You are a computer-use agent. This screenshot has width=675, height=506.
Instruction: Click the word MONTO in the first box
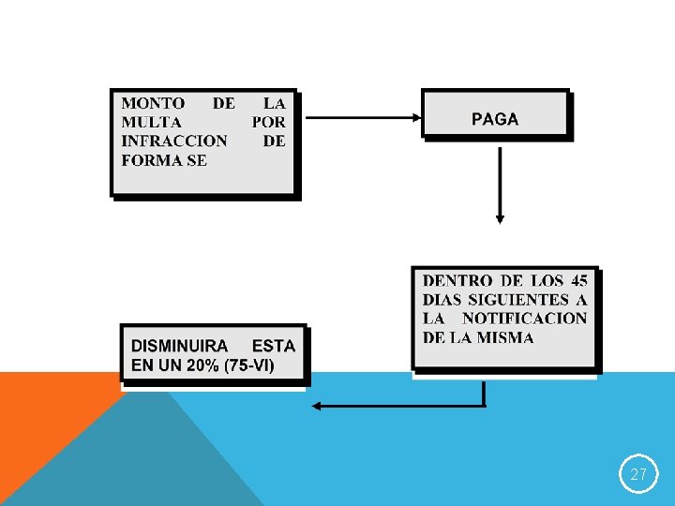pos(153,103)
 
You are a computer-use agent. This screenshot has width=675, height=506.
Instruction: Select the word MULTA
pos(152,122)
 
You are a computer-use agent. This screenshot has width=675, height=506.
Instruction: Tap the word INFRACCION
pos(174,141)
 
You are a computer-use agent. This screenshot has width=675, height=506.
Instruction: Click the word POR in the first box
pos(268,122)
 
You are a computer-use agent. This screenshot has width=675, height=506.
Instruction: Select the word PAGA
pos(495,119)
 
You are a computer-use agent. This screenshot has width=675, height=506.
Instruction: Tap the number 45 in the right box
pos(578,280)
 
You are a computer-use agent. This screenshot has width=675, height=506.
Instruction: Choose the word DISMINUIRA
pos(179,346)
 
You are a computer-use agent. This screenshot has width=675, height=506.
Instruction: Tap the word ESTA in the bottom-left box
pos(274,346)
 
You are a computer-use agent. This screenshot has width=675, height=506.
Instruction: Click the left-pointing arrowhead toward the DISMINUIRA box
pos(318,406)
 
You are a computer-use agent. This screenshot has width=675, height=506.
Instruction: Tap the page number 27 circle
pos(638,474)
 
